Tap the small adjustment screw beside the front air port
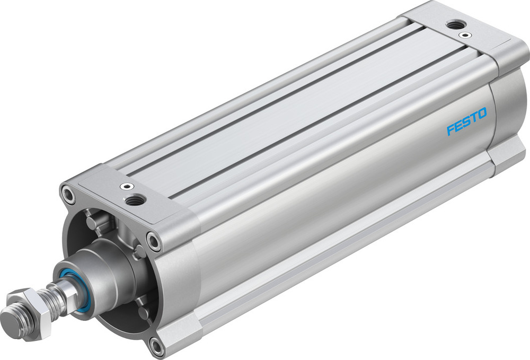coord(126,187)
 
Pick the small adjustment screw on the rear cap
coord(465,35)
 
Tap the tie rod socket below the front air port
coord(154,242)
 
